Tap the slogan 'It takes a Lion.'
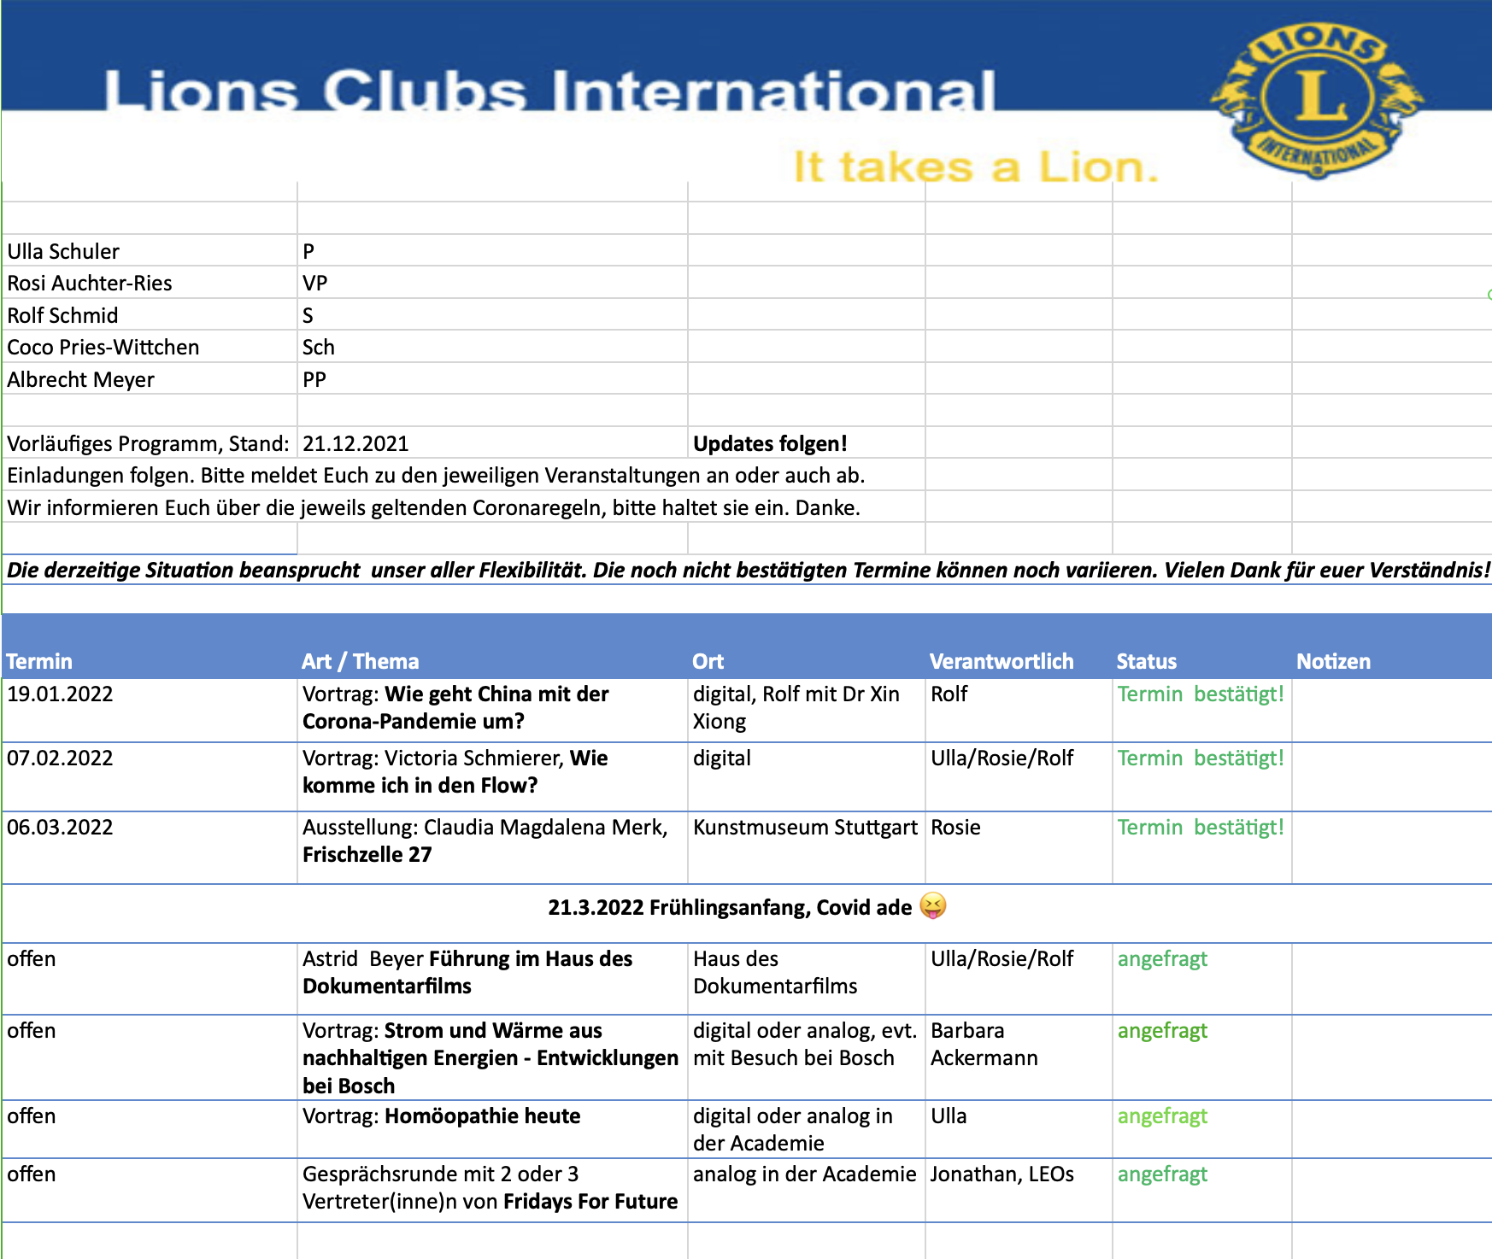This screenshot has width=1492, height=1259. point(976,167)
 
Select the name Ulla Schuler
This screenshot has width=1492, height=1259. point(63,251)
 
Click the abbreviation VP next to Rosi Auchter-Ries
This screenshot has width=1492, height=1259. point(314,283)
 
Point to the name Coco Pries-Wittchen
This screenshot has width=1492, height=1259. point(103,347)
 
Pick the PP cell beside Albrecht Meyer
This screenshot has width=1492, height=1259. point(314,379)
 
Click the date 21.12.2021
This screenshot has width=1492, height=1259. point(355,443)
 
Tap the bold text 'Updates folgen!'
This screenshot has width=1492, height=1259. point(770,443)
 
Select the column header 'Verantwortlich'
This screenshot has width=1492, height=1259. point(1001,661)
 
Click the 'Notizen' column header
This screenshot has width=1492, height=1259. point(1333,661)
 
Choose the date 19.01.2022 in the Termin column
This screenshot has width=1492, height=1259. point(60,694)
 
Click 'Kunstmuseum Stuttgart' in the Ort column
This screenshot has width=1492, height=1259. point(805,827)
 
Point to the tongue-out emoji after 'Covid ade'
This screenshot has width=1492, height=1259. point(933,905)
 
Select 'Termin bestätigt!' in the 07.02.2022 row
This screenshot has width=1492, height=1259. point(1201,758)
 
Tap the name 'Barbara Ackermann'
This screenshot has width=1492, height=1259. point(983,1044)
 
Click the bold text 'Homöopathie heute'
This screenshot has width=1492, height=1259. point(482,1116)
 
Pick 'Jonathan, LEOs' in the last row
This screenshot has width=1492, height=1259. point(1002,1174)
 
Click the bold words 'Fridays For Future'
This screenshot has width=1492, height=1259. point(590,1201)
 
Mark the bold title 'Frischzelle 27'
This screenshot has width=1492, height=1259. point(367,854)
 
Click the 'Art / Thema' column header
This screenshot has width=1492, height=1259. point(360,661)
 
